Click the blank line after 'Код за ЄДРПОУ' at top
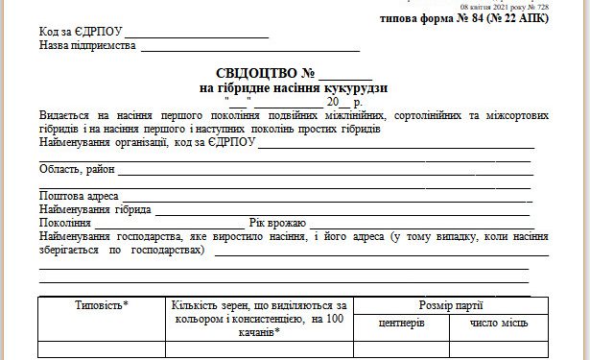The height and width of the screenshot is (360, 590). [x=206, y=35]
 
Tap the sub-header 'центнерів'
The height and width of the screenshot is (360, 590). [x=401, y=324]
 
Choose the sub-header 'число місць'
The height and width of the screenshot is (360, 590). [x=499, y=324]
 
